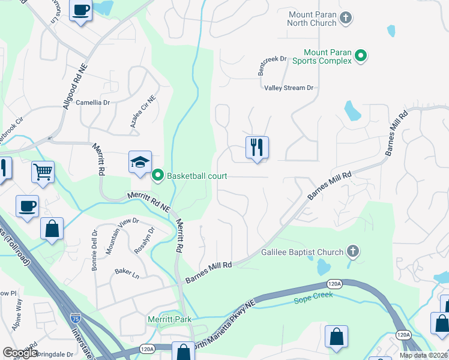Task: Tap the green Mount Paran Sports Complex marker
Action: click(361, 56)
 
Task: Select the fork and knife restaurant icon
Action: click(257, 147)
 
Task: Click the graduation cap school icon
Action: click(140, 162)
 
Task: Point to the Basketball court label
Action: click(197, 176)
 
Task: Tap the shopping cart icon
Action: click(43, 172)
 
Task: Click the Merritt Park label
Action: click(170, 319)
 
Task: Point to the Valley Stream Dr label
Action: click(289, 88)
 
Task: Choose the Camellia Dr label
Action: click(93, 103)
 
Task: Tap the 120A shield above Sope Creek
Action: click(335, 284)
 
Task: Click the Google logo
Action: click(20, 353)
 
